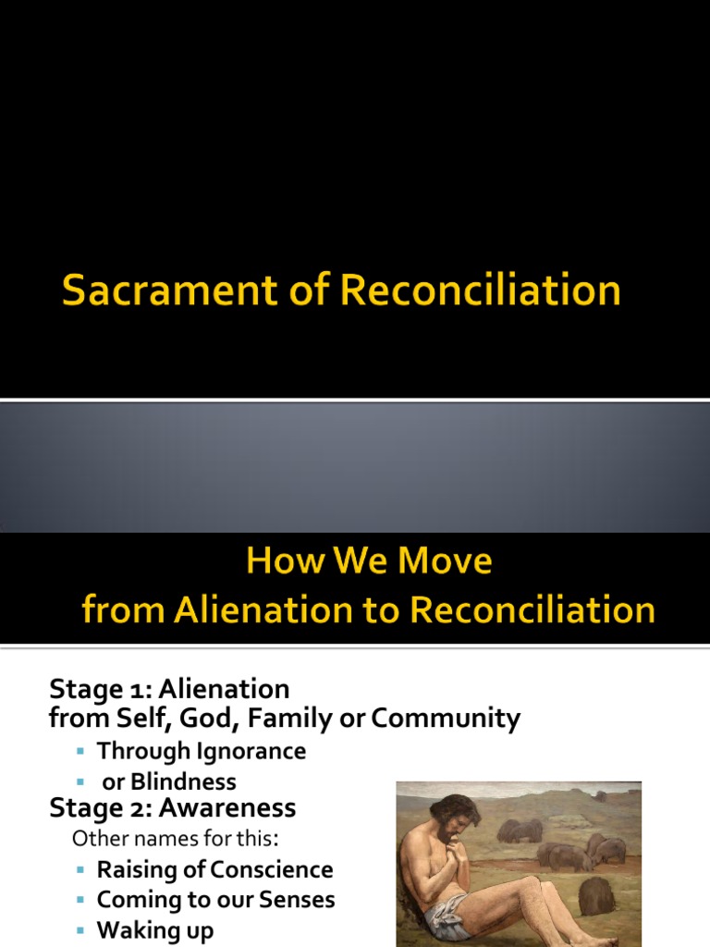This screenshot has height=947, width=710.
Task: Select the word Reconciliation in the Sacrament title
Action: coord(480,290)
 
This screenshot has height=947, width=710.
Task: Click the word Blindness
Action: coord(182,781)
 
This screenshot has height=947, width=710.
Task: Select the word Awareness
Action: coord(227,808)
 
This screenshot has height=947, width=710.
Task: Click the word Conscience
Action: coord(272,870)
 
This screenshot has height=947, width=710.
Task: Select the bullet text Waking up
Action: coord(155,930)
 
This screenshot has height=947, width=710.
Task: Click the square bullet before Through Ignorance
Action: coord(82,752)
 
